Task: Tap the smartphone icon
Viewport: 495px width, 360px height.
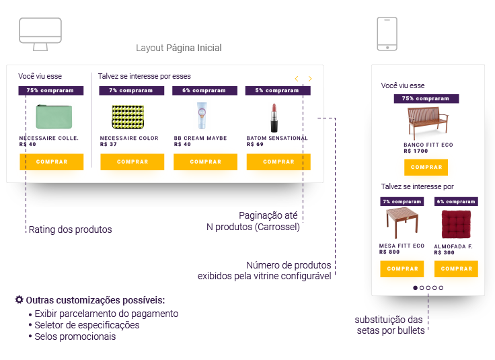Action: pos(387,34)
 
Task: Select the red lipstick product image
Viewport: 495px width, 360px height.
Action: pos(274,117)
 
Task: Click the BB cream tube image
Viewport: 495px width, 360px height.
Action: pos(202,116)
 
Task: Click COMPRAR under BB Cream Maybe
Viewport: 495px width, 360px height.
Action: pos(205,161)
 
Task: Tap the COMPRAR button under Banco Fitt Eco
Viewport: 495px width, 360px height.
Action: pos(426,167)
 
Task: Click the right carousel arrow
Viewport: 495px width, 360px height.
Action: pos(310,79)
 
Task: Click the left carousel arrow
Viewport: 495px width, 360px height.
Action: pos(297,79)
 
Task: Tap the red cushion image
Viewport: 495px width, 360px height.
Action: pos(456,223)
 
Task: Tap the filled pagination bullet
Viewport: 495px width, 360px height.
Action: pos(415,287)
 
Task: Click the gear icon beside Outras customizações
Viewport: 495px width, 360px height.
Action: pos(19,299)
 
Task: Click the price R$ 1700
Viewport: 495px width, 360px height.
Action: pos(416,151)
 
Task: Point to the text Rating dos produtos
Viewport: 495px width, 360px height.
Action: pos(70,229)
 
